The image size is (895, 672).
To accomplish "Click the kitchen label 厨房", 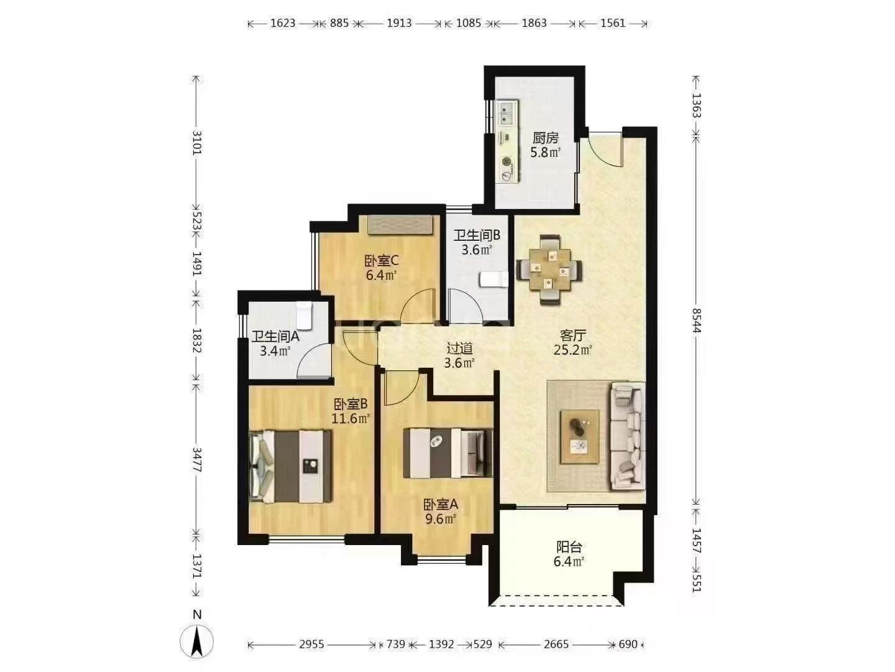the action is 545,138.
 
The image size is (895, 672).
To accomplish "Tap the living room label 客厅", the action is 572,335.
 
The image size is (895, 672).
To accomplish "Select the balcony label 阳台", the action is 569,546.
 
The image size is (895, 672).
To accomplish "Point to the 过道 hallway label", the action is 459,348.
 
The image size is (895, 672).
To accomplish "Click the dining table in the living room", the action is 549,269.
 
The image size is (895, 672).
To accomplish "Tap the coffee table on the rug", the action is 579,437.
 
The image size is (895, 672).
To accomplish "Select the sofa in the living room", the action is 628,436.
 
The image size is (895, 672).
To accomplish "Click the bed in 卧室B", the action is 290,467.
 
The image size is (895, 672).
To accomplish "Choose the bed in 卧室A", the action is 447,453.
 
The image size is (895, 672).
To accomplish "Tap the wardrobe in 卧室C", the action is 400,225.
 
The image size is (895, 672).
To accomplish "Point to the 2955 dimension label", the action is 311,645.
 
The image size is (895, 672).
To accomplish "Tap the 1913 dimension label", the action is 399,23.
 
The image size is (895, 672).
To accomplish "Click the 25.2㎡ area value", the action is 572,350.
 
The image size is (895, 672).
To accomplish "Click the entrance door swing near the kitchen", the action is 605,149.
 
